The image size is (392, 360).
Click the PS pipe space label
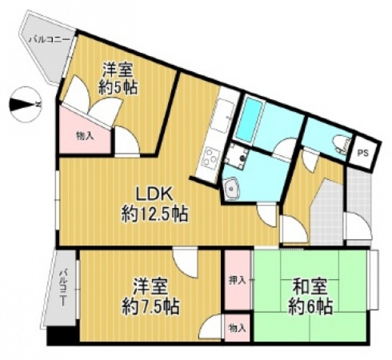click(364, 153)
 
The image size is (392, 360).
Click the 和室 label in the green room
click(310, 287)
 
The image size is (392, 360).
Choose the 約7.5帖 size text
click(150, 306)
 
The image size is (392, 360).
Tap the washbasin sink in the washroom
click(231, 189)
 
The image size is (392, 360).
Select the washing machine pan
click(236, 157)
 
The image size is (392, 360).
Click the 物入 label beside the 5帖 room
click(85, 137)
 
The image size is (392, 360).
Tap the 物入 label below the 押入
click(237, 328)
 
